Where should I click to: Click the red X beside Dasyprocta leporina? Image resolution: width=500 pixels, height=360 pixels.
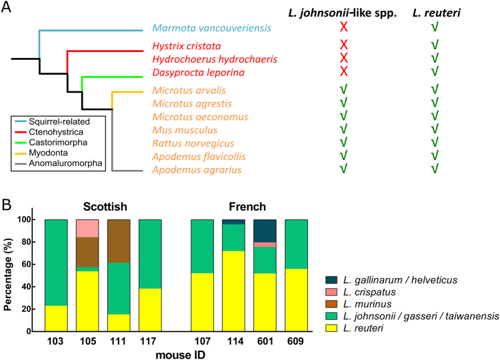[x=345, y=71]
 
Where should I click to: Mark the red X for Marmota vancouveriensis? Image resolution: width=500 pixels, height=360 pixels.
[x=345, y=29]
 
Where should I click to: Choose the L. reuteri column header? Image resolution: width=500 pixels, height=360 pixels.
[x=434, y=9]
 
